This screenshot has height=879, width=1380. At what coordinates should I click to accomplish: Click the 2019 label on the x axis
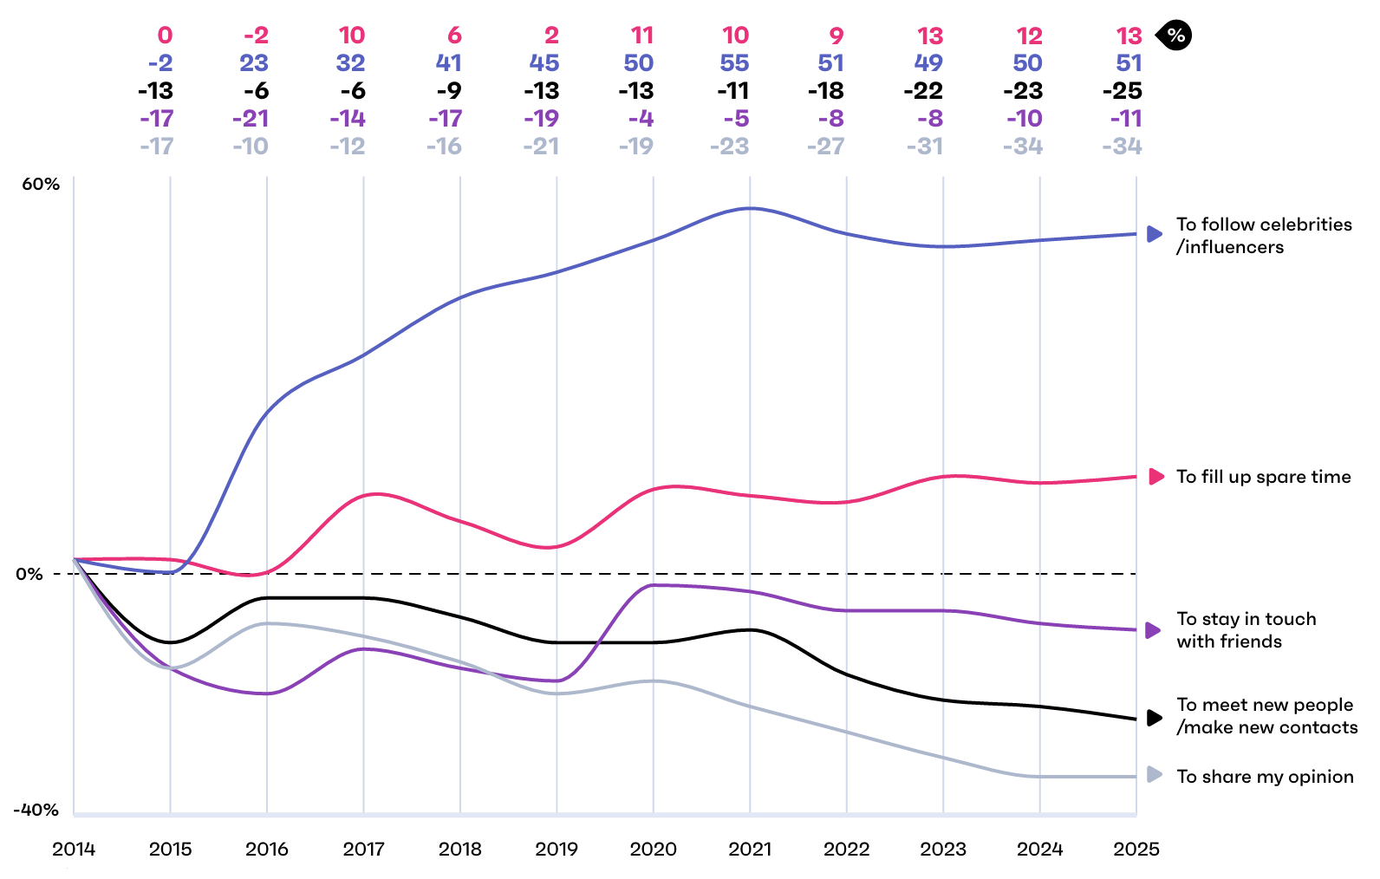coord(556,849)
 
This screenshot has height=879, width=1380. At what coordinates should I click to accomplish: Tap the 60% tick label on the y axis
coord(41,184)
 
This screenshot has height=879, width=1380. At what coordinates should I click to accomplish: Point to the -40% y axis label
coord(36,810)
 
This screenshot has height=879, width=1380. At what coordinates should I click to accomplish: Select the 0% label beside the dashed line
coord(29,574)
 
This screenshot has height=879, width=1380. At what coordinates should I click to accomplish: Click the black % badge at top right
coord(1175,36)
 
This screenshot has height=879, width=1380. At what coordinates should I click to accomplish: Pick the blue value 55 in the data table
coord(734,63)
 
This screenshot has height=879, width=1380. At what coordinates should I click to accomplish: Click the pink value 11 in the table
coord(642,36)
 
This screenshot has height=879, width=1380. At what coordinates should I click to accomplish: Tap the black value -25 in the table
coord(1122,91)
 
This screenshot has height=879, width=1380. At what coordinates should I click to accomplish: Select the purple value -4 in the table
coord(641,119)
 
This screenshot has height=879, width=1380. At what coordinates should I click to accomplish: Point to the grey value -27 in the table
coord(825,146)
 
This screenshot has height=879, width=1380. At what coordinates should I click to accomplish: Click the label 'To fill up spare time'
coord(1263,477)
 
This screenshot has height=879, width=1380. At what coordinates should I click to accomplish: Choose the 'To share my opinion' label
coord(1265,777)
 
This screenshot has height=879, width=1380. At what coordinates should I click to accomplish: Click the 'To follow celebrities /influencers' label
coord(1263,236)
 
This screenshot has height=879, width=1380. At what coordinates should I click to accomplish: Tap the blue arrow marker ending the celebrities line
coord(1155,234)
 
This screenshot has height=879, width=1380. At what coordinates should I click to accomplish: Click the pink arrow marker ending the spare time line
coord(1155,477)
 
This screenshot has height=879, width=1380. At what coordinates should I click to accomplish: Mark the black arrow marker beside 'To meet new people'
coord(1155,718)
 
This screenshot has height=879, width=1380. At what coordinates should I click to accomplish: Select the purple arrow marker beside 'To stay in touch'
coord(1154,630)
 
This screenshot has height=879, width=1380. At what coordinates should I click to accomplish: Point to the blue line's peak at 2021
coord(750,208)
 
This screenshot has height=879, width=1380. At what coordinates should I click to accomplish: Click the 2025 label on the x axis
coord(1136,849)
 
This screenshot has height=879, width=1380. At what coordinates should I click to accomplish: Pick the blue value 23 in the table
coord(254,63)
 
